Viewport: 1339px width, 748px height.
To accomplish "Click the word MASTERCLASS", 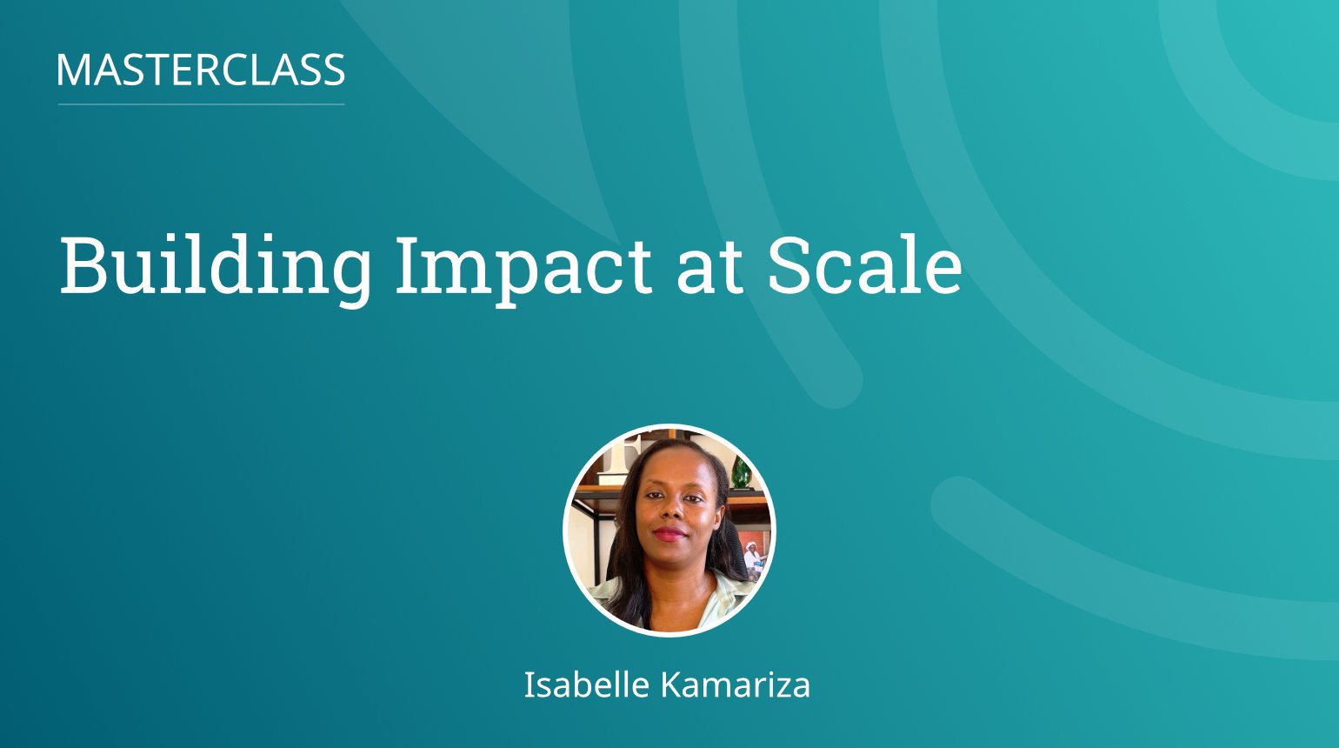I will [x=201, y=70].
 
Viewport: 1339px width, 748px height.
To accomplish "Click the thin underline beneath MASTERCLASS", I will [x=201, y=104].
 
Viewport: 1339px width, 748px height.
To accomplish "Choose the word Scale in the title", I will [x=863, y=265].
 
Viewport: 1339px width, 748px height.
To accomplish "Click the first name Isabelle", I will [x=586, y=685].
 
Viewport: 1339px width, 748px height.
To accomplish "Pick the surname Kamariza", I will [x=736, y=685].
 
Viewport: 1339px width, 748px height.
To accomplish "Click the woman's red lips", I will [x=669, y=533].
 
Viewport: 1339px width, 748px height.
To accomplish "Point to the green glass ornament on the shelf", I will [x=741, y=472].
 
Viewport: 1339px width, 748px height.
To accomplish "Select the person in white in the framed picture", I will [x=752, y=557].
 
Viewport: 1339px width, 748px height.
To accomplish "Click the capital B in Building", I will [x=83, y=265].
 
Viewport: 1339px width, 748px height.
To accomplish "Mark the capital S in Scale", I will [x=790, y=265].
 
